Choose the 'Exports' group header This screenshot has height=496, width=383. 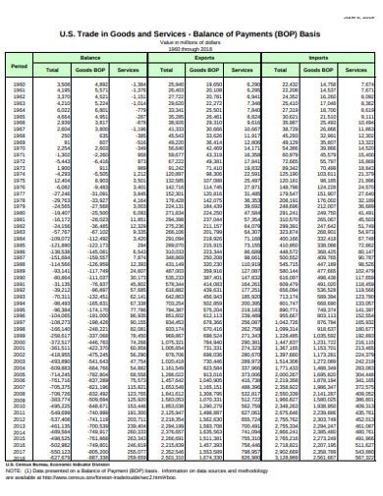(203, 59)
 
